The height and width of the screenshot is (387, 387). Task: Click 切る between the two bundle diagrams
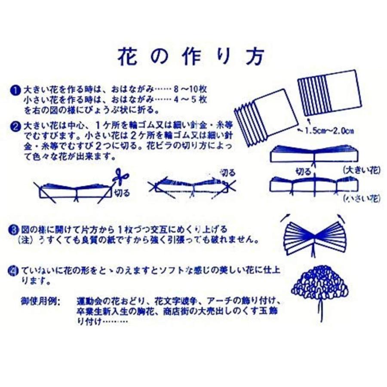[x=304, y=171]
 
